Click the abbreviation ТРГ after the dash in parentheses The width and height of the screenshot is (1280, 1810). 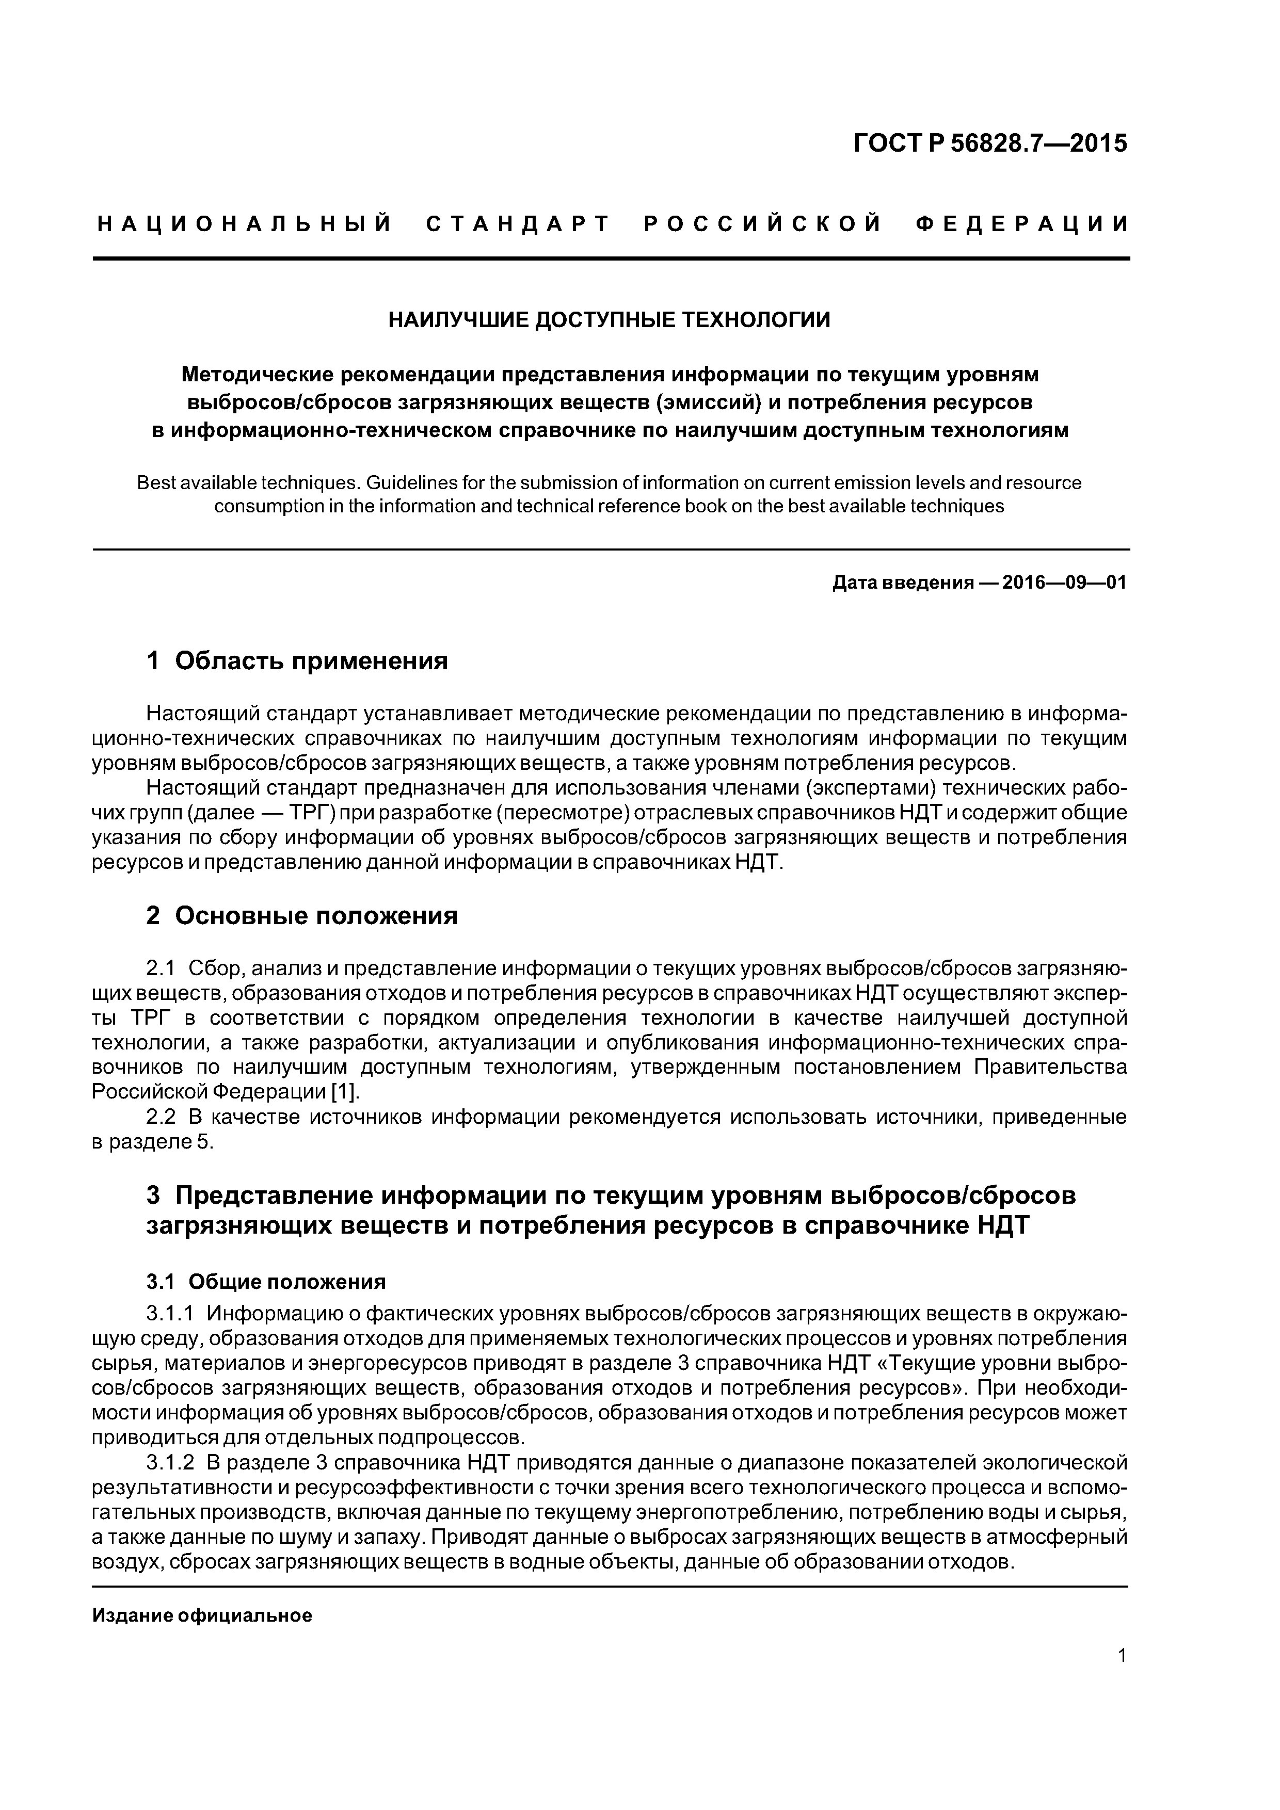(316, 813)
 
